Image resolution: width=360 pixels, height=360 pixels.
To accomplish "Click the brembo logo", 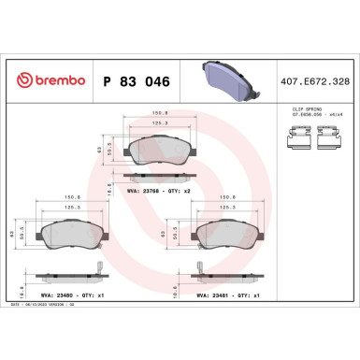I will tap(44, 81).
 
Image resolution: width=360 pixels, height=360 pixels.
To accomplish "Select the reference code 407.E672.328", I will tap(317, 81).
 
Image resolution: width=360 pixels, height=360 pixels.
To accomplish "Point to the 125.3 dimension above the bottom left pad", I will tap(75, 207).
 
